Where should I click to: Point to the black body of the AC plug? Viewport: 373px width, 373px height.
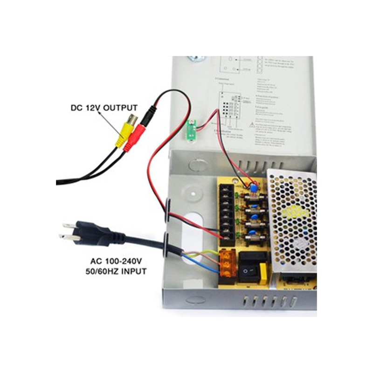[96, 233]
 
